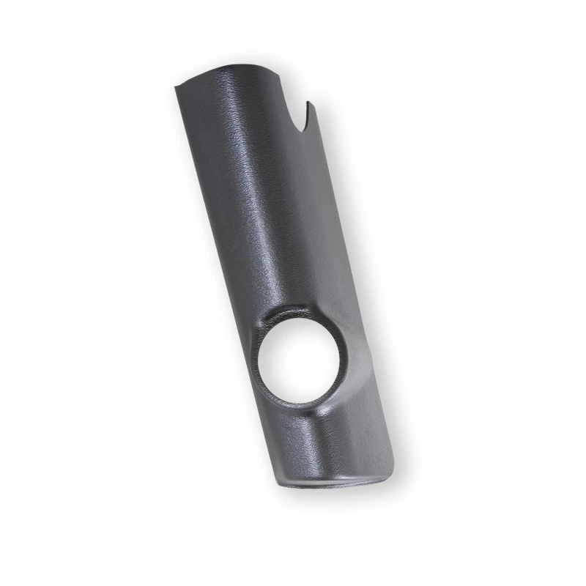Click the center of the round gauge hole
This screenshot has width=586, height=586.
click(x=298, y=359)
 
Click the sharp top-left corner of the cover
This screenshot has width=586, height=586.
click(x=176, y=87)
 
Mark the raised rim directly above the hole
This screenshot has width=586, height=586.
click(x=293, y=314)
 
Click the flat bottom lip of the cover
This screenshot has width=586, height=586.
click(x=333, y=483)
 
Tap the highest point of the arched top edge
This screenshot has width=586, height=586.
click(x=220, y=68)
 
